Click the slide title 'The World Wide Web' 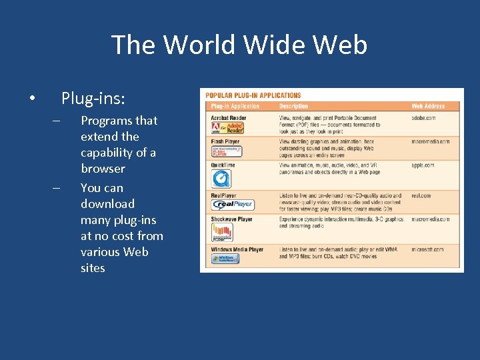239,45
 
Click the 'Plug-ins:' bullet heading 93,99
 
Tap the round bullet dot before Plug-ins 33,99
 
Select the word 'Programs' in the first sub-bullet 107,121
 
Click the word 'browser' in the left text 103,169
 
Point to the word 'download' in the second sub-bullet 107,203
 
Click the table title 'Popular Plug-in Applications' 253,95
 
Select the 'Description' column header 294,106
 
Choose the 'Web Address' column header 428,106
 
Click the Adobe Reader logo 227,127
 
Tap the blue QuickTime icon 221,178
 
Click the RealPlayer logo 233,205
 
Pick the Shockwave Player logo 222,232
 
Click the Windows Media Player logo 225,259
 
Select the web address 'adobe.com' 423,117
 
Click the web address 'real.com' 421,196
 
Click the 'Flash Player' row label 225,141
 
